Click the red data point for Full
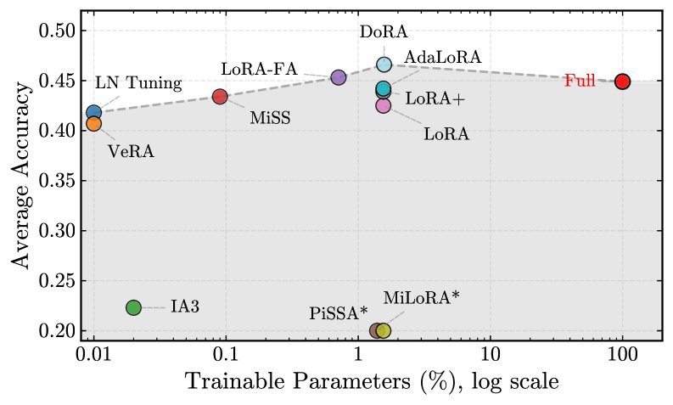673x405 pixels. coord(622,82)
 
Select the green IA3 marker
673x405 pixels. coord(133,307)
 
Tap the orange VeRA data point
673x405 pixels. coord(94,123)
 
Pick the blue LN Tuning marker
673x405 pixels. coord(94,112)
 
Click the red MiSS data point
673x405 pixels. coord(220,97)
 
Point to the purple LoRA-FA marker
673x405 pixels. coord(339,77)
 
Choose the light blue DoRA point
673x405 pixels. coord(384,65)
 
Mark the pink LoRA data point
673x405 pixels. coord(384,105)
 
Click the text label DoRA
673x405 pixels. coord(384,32)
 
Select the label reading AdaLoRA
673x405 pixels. coord(442,57)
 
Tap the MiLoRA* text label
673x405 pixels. coord(421,297)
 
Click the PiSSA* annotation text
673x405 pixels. coord(338,314)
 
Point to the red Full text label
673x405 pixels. coord(580,82)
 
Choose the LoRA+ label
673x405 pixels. coord(435,98)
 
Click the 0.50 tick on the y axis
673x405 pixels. coord(59,31)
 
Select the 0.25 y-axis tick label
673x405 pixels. coord(59,281)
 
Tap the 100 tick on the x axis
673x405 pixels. coord(622,352)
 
